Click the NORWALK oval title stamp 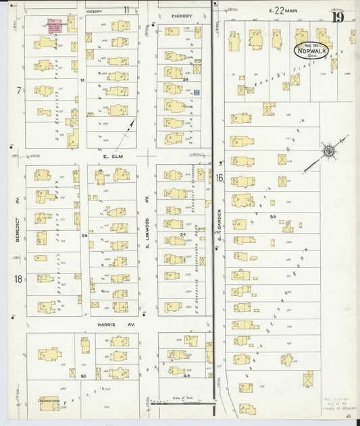click(x=311, y=50)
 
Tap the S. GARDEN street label click(x=220, y=232)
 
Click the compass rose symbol click(x=328, y=151)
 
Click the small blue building click(x=197, y=92)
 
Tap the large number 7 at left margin click(x=19, y=90)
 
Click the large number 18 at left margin click(x=18, y=278)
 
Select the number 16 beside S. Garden click(x=220, y=178)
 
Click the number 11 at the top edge click(x=126, y=9)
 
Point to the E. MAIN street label click(x=282, y=10)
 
